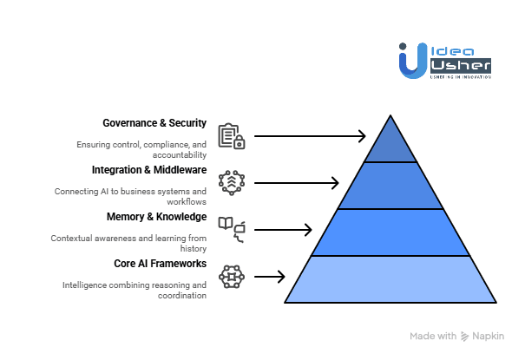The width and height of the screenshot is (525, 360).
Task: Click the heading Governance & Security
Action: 154,123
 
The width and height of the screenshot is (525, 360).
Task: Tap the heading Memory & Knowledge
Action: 156,216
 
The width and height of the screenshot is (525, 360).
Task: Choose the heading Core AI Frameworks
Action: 160,263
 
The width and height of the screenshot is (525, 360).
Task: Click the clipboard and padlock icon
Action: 231,136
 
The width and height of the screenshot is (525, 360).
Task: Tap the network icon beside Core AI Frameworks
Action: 231,276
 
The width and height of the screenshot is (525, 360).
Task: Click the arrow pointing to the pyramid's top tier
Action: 310,136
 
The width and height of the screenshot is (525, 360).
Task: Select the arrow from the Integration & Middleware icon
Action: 296,182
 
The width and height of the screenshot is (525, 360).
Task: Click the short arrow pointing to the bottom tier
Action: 269,277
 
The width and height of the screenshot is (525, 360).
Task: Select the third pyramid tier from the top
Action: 390,232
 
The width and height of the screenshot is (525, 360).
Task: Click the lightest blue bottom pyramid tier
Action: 390,278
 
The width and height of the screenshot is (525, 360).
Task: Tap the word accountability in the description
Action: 178,154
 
